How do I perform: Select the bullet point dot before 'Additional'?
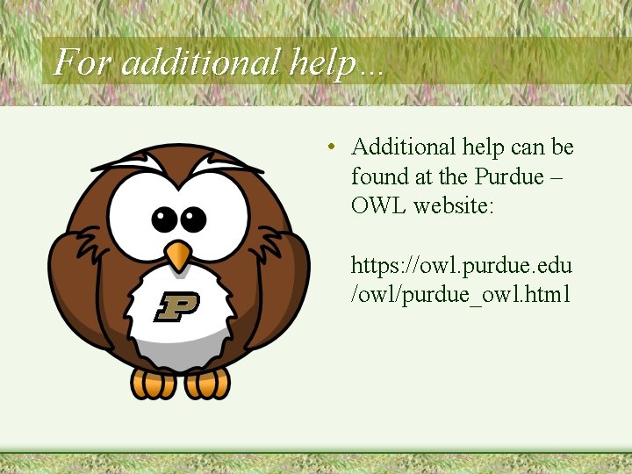click(329, 147)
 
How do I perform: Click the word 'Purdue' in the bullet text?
click(509, 176)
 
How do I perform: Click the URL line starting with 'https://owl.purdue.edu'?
click(462, 265)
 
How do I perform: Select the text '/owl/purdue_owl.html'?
click(461, 294)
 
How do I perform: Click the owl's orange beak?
click(178, 255)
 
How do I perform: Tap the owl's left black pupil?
click(164, 219)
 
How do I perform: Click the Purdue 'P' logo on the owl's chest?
click(177, 306)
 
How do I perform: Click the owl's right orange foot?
click(208, 383)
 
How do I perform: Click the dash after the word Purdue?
click(557, 177)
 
